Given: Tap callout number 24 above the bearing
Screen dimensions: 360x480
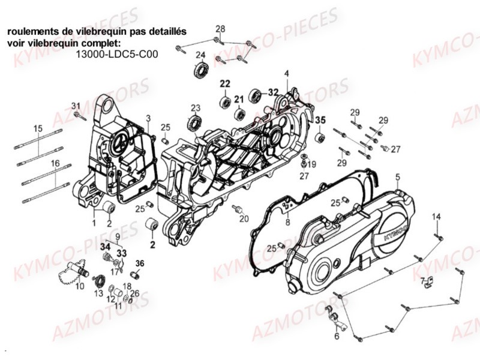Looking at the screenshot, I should pyautogui.click(x=200, y=55).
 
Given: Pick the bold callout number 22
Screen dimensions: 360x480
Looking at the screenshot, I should pyautogui.click(x=224, y=83).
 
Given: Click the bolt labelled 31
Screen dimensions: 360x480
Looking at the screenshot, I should pyautogui.click(x=80, y=116).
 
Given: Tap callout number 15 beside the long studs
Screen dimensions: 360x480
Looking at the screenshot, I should pyautogui.click(x=38, y=128).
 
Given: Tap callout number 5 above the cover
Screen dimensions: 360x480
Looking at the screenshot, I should pyautogui.click(x=397, y=176).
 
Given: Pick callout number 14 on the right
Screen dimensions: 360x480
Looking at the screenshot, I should pyautogui.click(x=437, y=216).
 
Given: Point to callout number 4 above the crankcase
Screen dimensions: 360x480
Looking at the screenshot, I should pyautogui.click(x=287, y=73).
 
